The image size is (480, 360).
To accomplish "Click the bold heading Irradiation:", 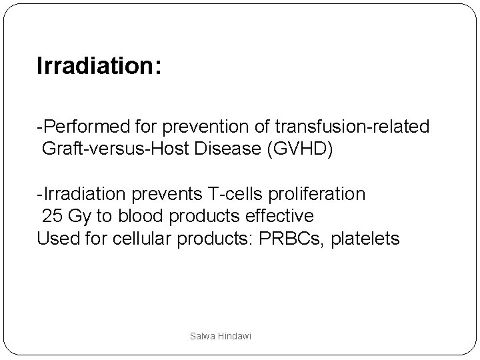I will tap(99, 67).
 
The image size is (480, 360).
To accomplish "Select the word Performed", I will tap(78, 126).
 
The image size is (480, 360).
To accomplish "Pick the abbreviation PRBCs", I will tap(272, 239).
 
